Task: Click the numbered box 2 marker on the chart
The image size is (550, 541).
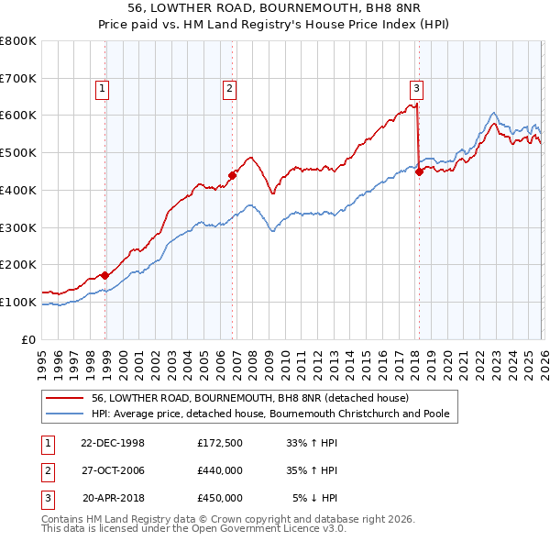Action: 228,89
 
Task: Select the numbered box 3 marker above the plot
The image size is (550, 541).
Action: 416,89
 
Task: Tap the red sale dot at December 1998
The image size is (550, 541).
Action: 105,274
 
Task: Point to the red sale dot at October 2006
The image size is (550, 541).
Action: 233,174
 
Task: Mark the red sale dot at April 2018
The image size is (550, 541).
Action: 419,171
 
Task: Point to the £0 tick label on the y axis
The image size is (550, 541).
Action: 28,339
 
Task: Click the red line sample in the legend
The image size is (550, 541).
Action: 66,398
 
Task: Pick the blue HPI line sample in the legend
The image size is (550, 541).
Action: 66,414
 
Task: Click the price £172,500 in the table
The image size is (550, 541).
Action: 220,443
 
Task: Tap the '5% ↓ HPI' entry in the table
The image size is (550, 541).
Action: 314,498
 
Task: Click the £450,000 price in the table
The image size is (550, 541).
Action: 220,498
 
